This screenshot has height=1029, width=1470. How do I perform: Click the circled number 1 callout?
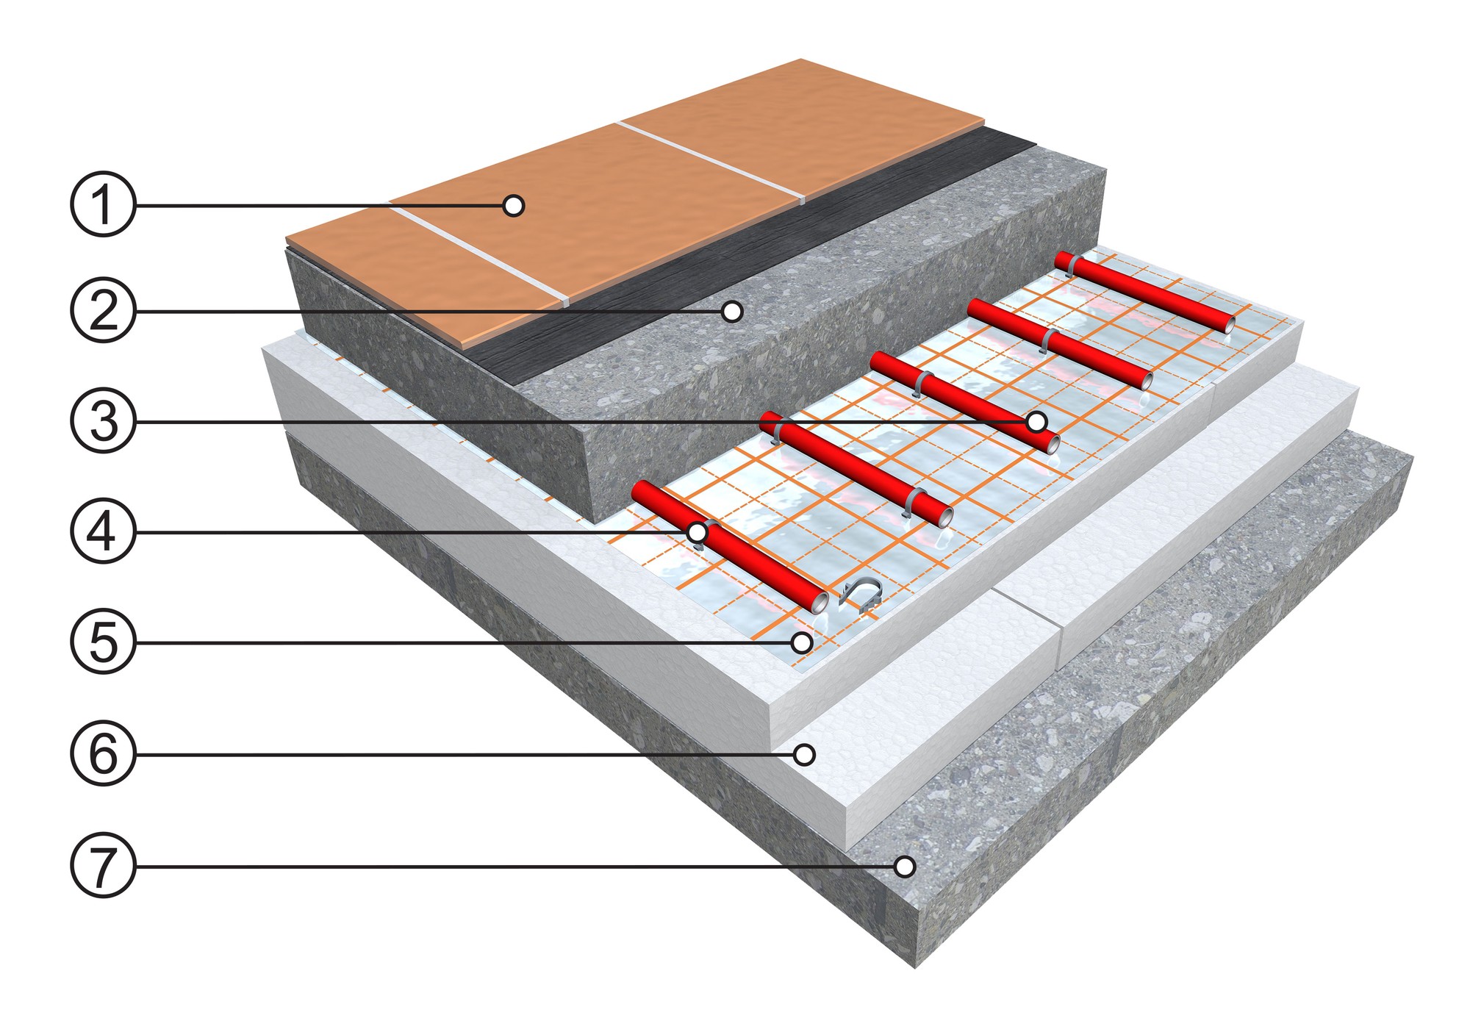[x=103, y=204]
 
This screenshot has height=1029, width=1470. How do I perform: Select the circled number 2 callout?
[x=103, y=311]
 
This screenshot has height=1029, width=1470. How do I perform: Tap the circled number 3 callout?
[x=103, y=421]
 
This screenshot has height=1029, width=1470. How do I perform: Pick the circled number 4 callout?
[x=103, y=531]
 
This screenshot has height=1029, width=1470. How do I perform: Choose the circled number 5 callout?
[x=103, y=642]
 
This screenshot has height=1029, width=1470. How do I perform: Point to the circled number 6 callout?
[x=103, y=754]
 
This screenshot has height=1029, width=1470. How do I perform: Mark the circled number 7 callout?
[x=103, y=866]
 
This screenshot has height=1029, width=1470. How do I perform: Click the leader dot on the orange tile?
[x=514, y=205]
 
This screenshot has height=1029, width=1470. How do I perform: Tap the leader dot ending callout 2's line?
[x=732, y=312]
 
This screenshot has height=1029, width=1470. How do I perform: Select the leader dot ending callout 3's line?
[x=1036, y=421]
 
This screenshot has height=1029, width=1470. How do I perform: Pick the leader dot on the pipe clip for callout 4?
[x=696, y=531]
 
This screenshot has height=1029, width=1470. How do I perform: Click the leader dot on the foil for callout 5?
[x=802, y=642]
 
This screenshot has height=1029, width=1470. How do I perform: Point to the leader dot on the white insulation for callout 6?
[x=806, y=754]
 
